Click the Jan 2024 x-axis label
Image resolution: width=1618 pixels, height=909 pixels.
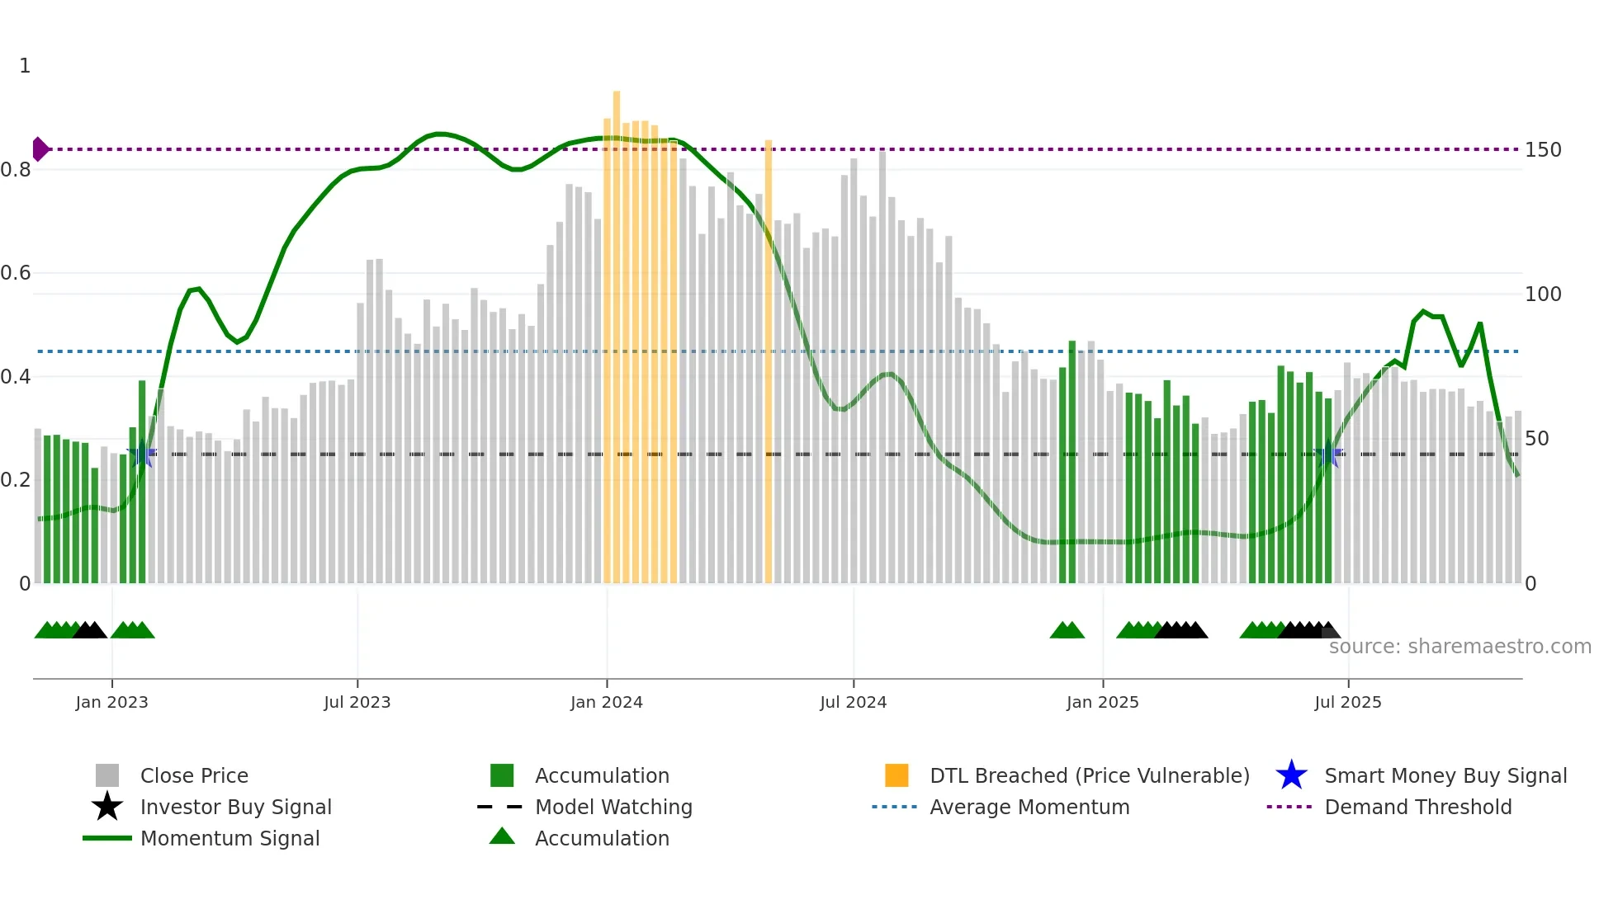coord(606,702)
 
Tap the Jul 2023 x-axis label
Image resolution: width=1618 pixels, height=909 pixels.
coord(357,702)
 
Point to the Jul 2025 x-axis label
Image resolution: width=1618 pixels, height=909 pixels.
coord(1347,702)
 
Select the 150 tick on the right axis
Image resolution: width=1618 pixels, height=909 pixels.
coord(1542,150)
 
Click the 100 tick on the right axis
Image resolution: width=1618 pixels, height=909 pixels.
coord(1542,294)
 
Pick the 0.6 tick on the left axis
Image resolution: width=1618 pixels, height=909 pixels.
coord(16,273)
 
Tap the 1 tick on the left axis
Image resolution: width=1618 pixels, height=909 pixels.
coord(25,66)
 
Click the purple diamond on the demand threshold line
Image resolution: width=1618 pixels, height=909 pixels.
coord(40,149)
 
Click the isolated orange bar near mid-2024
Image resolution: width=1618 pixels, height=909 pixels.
coord(768,363)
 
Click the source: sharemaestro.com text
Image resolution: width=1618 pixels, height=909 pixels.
coord(1460,647)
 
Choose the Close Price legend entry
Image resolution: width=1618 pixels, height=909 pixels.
coord(194,775)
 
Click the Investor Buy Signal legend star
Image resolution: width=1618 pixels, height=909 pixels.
coord(107,807)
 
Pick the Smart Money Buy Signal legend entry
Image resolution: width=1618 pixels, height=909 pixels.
coord(1445,775)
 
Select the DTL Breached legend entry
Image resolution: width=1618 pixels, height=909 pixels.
coord(1089,775)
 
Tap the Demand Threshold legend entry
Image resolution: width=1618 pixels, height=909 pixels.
coord(1417,807)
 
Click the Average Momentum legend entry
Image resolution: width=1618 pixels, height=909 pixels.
coord(1029,807)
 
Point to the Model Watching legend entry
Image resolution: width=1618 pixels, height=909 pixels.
coord(613,807)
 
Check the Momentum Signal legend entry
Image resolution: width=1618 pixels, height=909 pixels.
coord(229,838)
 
